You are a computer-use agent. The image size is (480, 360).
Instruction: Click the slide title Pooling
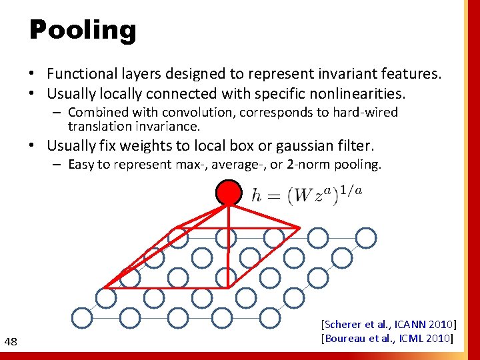(x=83, y=30)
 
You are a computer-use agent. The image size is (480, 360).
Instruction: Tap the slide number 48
(x=11, y=342)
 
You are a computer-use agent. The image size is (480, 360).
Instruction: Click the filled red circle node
(x=229, y=193)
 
